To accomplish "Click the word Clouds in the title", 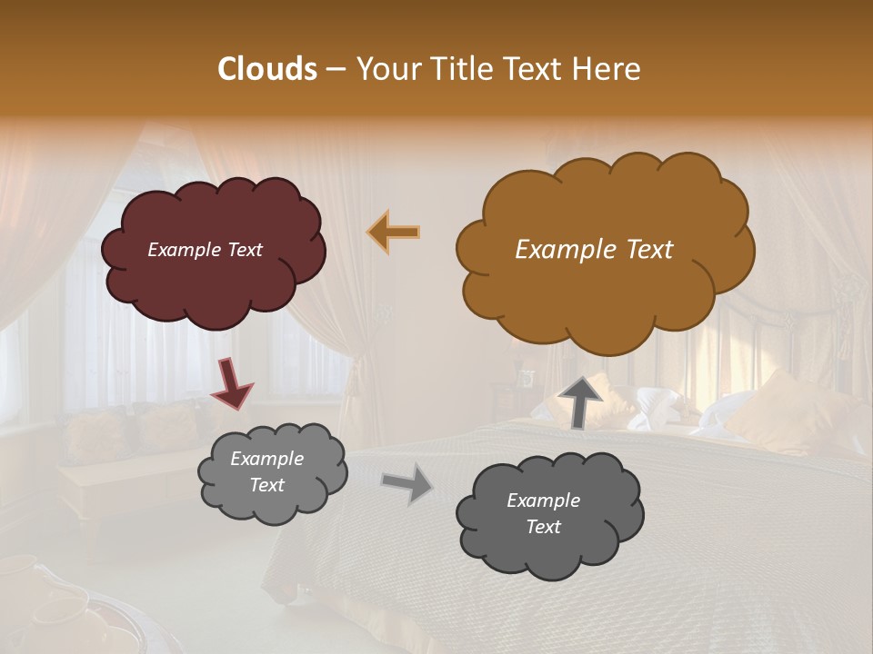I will (x=267, y=69).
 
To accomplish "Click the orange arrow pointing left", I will (x=394, y=232).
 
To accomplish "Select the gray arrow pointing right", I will (x=407, y=482).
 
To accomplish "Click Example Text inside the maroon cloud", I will (x=205, y=250).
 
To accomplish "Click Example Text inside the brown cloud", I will (x=594, y=250).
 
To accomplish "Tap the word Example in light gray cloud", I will (x=266, y=459).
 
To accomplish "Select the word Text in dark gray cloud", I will (x=543, y=527).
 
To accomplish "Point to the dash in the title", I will (x=335, y=70).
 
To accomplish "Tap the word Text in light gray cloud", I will (x=266, y=485).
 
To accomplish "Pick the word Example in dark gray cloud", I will (x=543, y=500).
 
